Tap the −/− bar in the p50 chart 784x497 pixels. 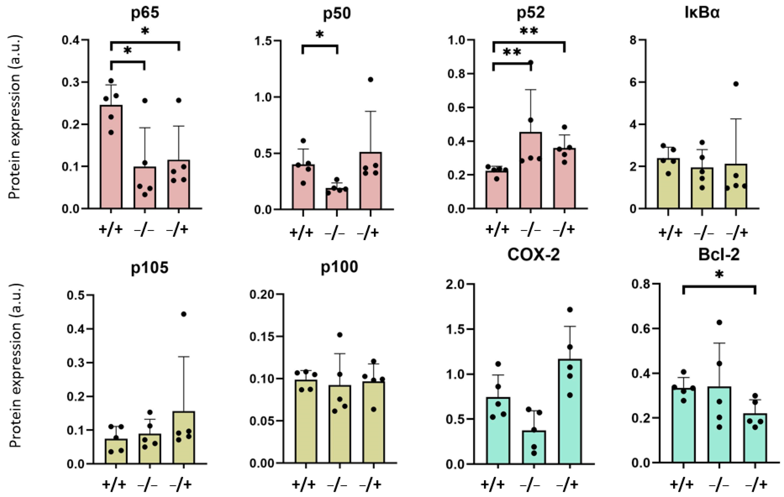pos(337,198)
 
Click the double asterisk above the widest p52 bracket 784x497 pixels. pos(529,31)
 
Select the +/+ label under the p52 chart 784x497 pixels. pos(497,230)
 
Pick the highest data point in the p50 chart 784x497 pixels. pos(370,80)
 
